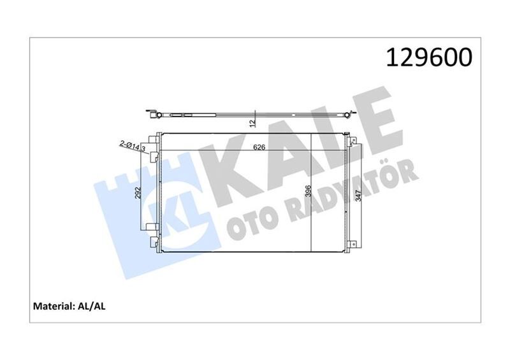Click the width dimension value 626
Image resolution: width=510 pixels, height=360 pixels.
(x=259, y=147)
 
